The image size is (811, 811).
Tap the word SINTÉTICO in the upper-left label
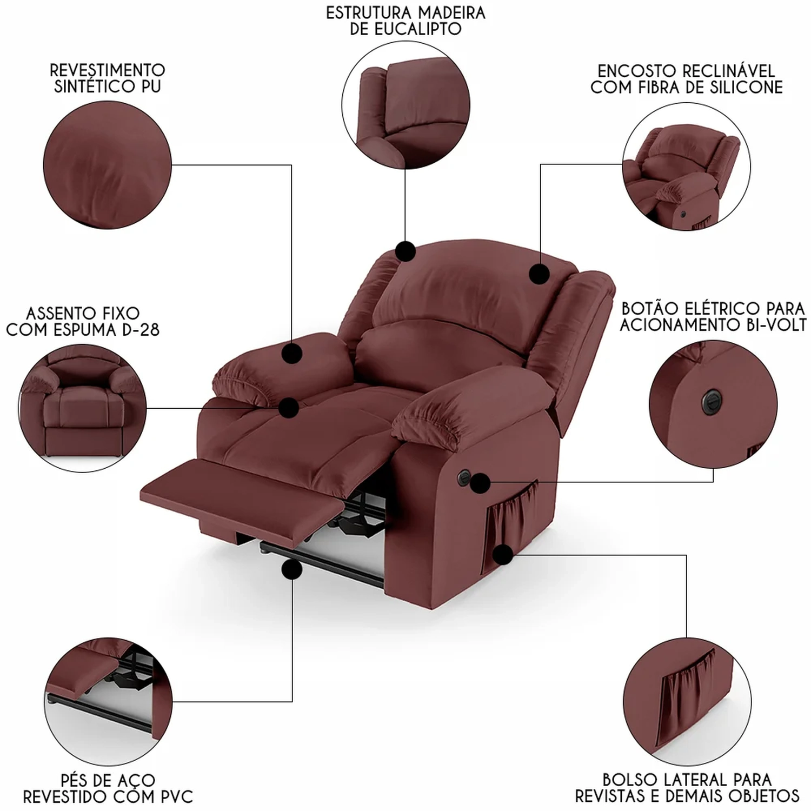click(88, 87)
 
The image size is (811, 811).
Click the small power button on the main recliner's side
click(463, 476)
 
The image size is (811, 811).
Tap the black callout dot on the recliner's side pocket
click(503, 555)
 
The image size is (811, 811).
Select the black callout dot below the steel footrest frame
click(291, 570)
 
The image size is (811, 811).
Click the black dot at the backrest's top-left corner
click(405, 251)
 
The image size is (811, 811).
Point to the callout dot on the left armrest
click(292, 354)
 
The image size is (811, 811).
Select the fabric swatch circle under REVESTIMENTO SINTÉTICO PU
click(107, 165)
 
